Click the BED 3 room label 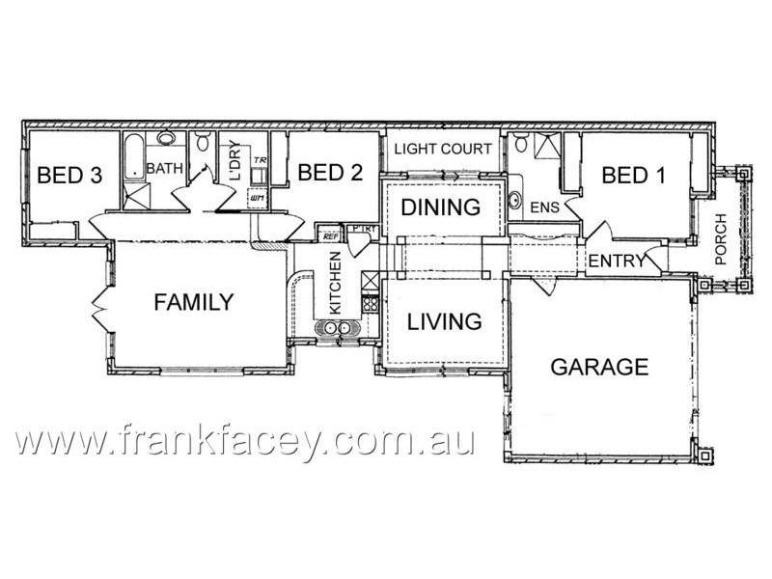69,176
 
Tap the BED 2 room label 330,174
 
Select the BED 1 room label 633,176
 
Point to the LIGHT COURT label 444,149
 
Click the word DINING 441,207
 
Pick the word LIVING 444,321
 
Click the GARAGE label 598,367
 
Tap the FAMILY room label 194,303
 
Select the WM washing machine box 257,198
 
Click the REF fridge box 329,234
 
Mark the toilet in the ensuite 521,146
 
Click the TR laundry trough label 259,159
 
